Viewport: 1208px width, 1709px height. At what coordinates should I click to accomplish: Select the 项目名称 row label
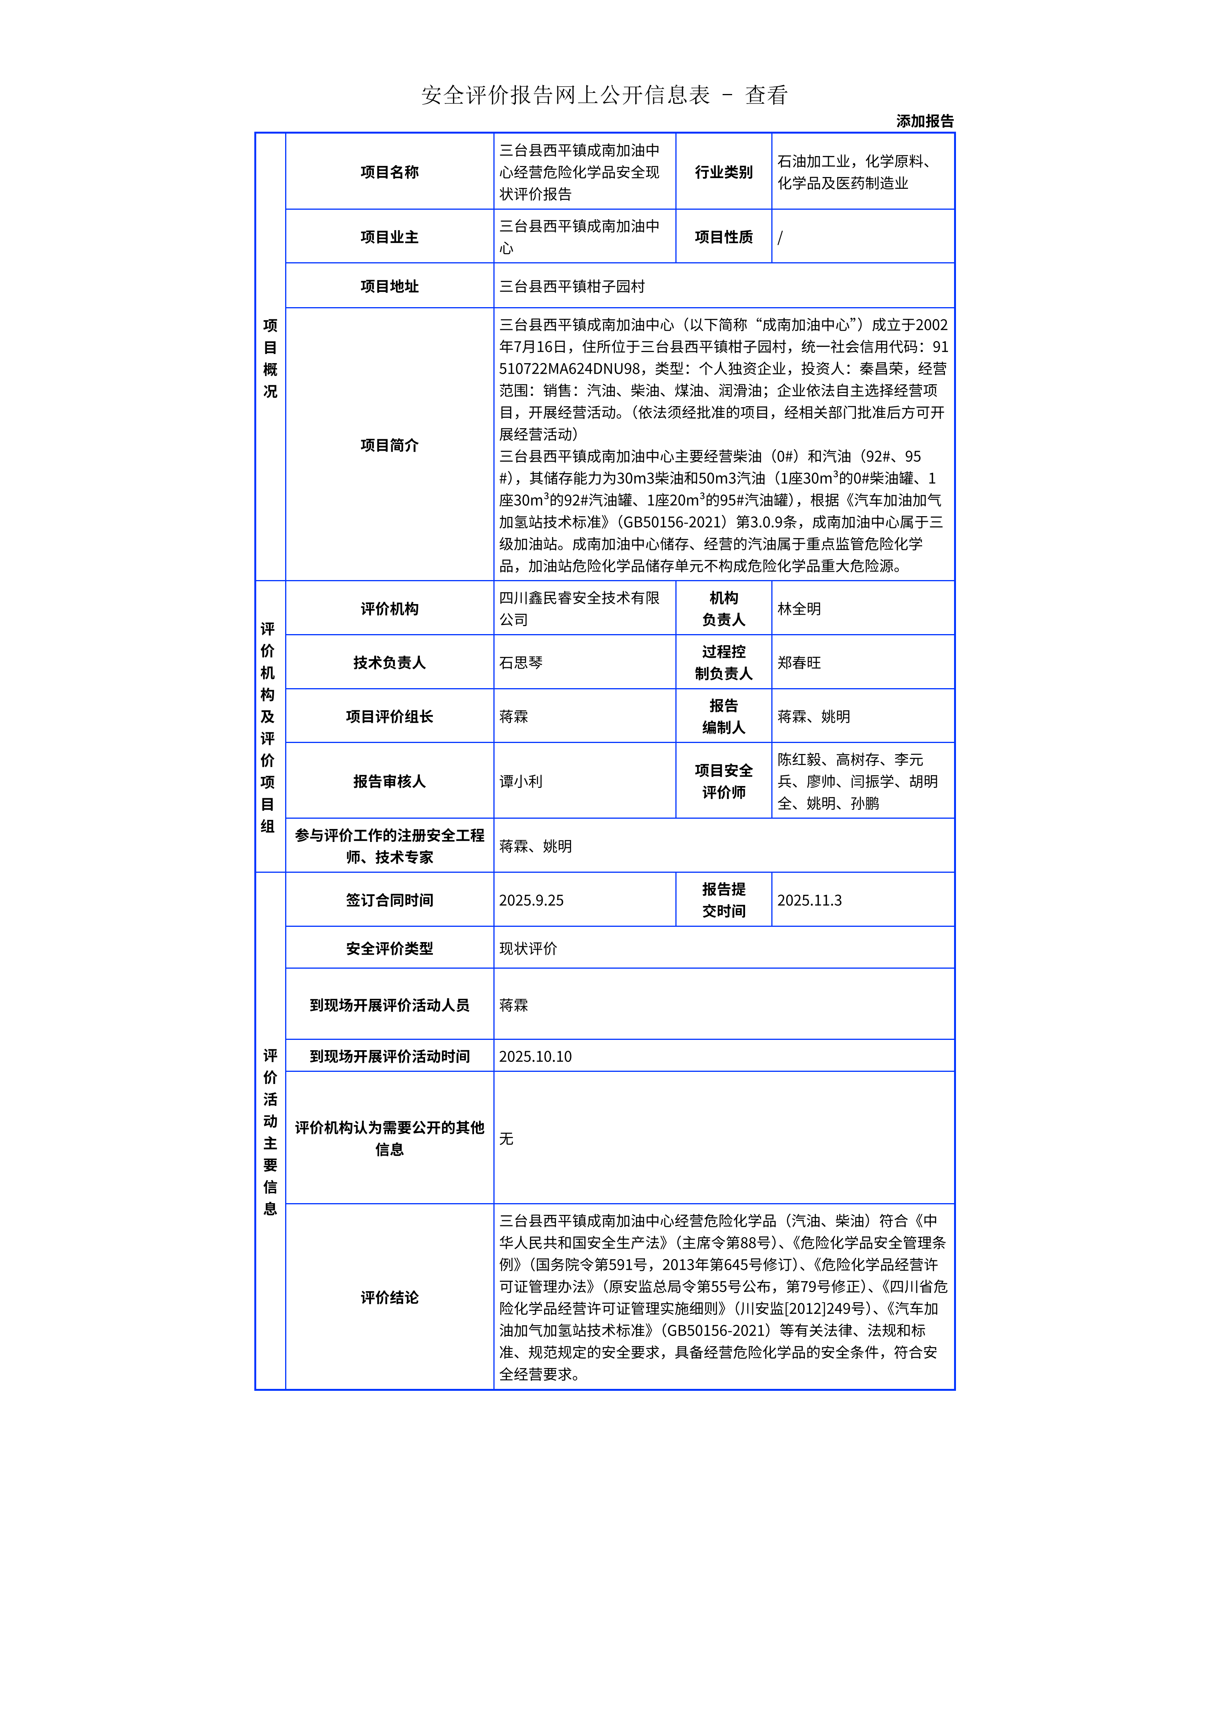pyautogui.click(x=389, y=172)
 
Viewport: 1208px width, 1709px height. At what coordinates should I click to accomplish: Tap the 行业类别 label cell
pyautogui.click(x=723, y=172)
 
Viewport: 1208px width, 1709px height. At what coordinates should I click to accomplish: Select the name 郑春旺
pyautogui.click(x=799, y=662)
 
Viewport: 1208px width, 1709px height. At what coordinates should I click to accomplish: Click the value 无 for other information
pyautogui.click(x=506, y=1138)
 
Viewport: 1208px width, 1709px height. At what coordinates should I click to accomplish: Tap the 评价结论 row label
pyautogui.click(x=389, y=1298)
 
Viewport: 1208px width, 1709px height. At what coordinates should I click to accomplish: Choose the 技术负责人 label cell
pyautogui.click(x=389, y=662)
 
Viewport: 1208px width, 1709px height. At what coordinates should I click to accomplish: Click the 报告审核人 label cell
pyautogui.click(x=389, y=781)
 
